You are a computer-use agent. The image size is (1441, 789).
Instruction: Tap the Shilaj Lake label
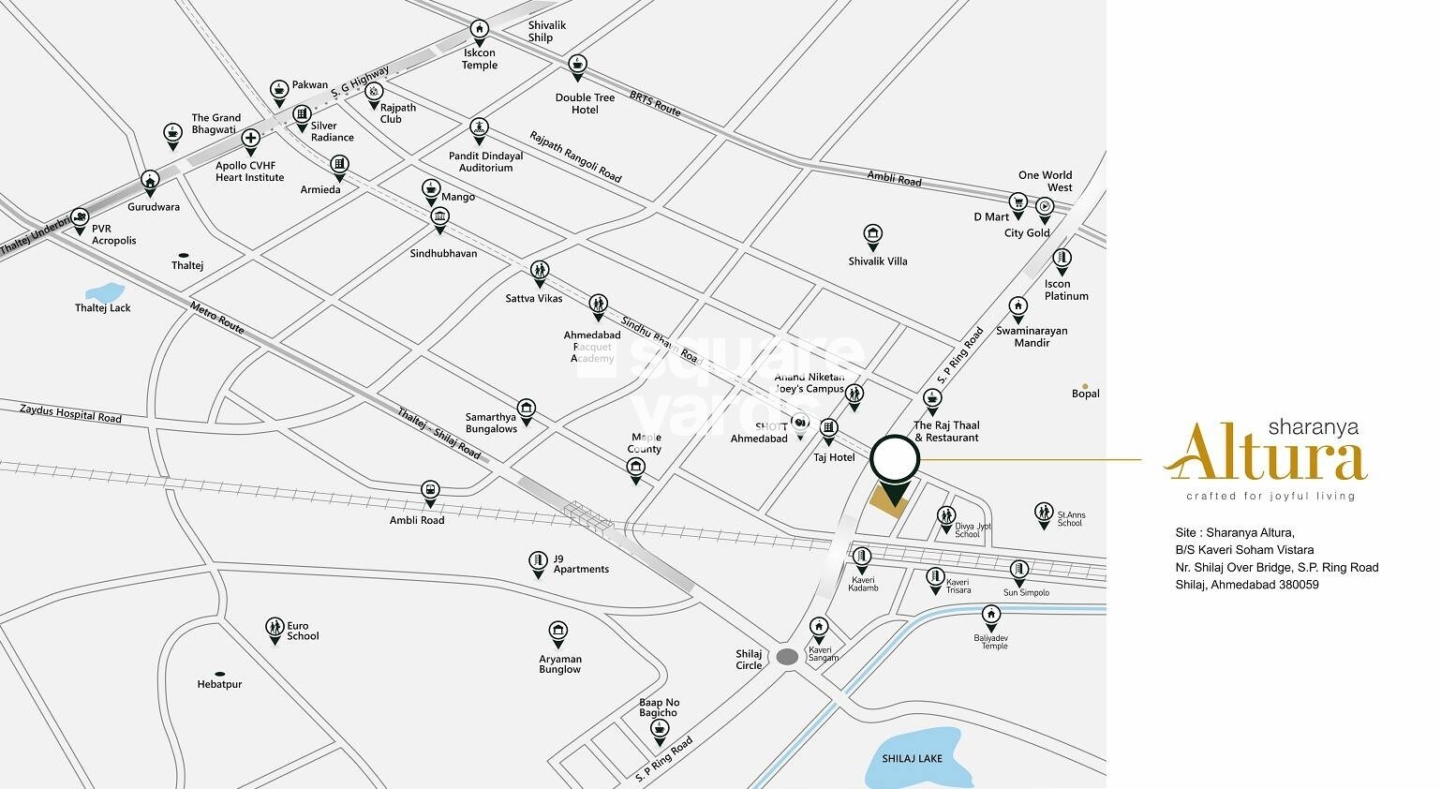click(x=912, y=758)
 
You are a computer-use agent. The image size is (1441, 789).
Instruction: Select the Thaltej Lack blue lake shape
click(x=103, y=293)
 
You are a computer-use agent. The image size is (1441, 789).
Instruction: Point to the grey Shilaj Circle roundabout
click(x=787, y=657)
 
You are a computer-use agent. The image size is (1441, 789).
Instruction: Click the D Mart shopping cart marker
click(x=1018, y=202)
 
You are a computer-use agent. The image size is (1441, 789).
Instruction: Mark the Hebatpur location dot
click(x=219, y=674)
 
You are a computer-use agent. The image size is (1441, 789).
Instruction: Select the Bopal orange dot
click(x=1085, y=386)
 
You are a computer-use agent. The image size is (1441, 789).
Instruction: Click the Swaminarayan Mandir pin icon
click(x=1018, y=306)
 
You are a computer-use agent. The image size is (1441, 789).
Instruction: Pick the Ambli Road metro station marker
click(x=429, y=490)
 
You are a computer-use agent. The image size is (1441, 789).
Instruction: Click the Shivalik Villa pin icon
click(x=872, y=234)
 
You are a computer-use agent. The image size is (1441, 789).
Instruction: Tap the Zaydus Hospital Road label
click(x=70, y=413)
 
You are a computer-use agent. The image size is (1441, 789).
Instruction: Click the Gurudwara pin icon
click(x=150, y=180)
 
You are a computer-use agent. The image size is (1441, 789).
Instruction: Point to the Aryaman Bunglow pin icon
click(x=558, y=632)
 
